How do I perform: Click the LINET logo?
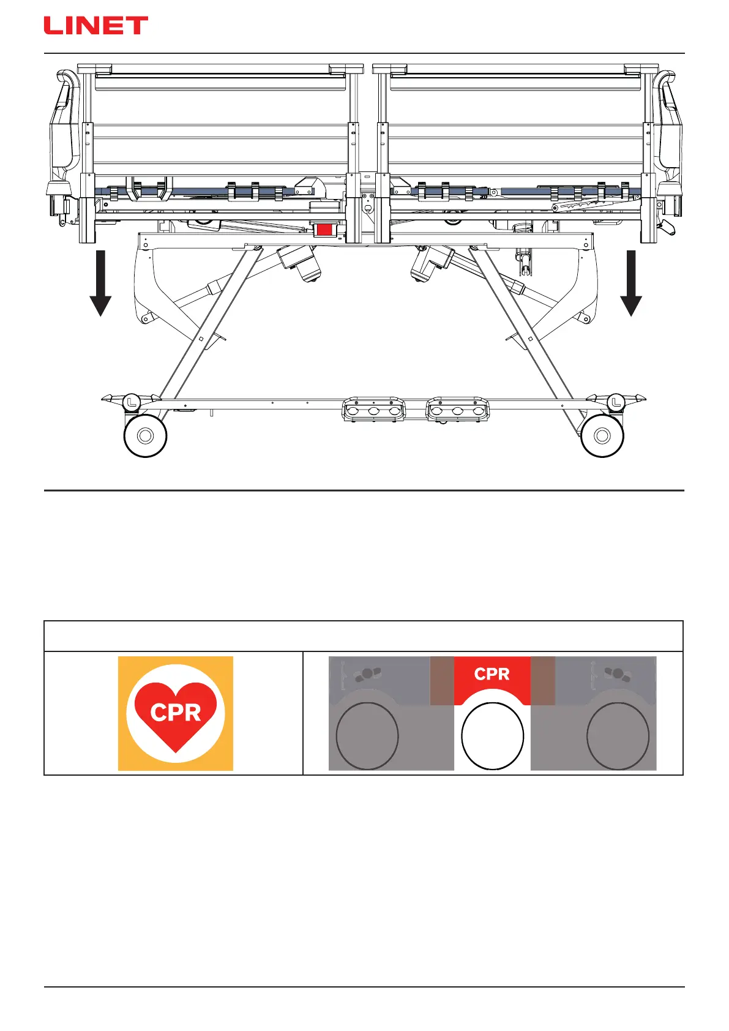(95, 26)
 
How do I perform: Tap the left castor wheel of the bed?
(146, 435)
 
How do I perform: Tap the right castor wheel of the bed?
(602, 435)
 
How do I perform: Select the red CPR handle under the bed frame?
(324, 230)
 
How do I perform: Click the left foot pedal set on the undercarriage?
(373, 409)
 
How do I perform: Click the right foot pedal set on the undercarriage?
(458, 409)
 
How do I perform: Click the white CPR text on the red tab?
(492, 674)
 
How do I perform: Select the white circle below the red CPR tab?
(492, 736)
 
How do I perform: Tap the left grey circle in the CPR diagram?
(367, 736)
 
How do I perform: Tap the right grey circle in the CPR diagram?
(618, 736)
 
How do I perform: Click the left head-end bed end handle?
(64, 122)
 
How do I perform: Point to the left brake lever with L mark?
(132, 402)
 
